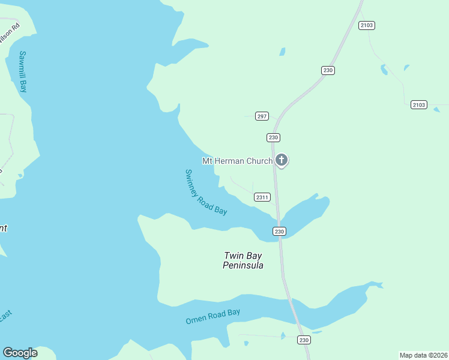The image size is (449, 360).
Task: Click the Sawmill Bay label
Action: [x=23, y=71]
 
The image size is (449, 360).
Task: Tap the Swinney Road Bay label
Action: [x=205, y=192]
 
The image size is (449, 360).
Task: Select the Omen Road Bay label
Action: [x=212, y=316]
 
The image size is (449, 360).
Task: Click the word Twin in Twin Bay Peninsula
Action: [x=234, y=256]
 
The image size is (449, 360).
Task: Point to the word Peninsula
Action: [x=243, y=266]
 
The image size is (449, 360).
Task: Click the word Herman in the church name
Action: [x=232, y=161]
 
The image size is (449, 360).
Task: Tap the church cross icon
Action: [x=282, y=160]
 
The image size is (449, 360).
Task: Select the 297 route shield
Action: [x=262, y=116]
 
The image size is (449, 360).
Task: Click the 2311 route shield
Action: [x=262, y=197]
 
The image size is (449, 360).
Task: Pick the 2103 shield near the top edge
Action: [x=367, y=25]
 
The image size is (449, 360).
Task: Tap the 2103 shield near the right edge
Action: [x=419, y=105]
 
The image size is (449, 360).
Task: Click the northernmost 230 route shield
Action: [x=327, y=70]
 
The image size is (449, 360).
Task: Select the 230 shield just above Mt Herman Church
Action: [x=273, y=137]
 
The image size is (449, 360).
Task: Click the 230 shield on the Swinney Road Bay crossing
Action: [x=279, y=231]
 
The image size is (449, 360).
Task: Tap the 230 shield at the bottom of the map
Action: [x=304, y=340]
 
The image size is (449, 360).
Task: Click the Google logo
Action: [x=20, y=353]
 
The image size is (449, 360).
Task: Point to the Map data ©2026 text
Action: [x=423, y=355]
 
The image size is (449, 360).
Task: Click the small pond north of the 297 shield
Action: [x=282, y=52]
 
